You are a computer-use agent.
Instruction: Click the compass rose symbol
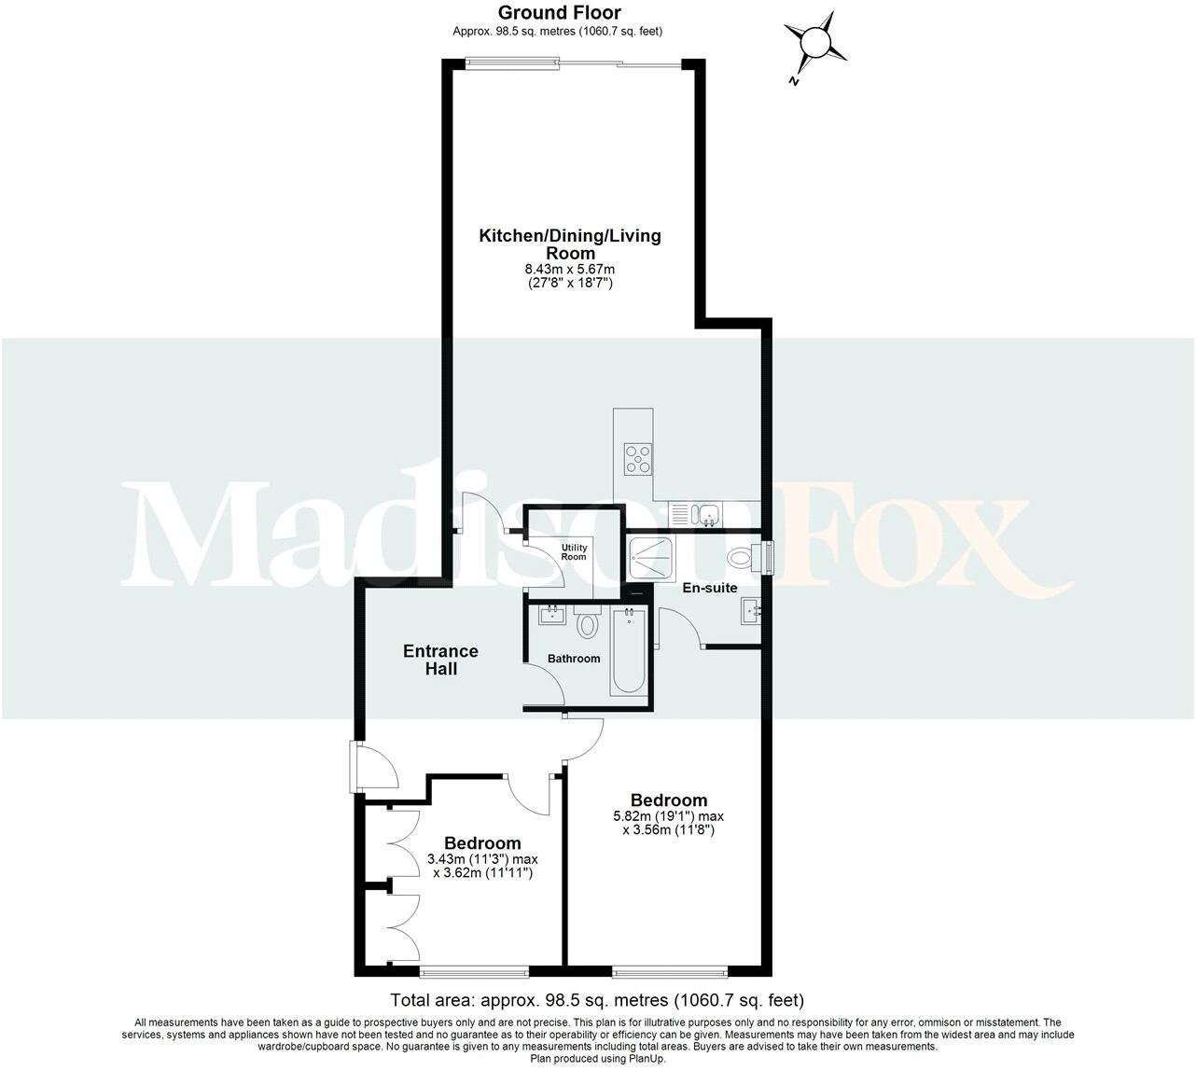point(815,44)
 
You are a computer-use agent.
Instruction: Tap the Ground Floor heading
point(559,12)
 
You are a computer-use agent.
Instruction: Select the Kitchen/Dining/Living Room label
point(569,243)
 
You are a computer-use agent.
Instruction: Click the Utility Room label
point(573,552)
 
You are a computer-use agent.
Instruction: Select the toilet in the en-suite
point(742,559)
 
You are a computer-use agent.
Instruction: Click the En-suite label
point(710,588)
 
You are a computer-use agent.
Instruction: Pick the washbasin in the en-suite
point(752,612)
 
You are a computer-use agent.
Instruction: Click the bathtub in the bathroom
point(628,651)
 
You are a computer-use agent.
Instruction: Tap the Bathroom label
point(574,659)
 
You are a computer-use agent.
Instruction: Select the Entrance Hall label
point(440,660)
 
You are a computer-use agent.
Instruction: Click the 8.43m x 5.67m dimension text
point(569,270)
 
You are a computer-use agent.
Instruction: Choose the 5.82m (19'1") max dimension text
point(668,815)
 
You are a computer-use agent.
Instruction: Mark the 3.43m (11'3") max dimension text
point(482,859)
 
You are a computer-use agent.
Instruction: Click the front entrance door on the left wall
point(356,766)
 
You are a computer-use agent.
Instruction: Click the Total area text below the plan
point(597,1000)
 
